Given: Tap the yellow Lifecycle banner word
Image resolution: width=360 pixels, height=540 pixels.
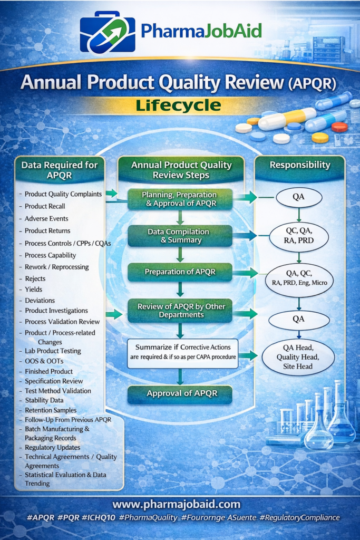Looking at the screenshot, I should click(178, 105).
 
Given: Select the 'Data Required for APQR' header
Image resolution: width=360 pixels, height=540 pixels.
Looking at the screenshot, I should click(59, 170).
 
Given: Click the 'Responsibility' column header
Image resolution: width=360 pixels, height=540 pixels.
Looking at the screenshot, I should click(299, 165).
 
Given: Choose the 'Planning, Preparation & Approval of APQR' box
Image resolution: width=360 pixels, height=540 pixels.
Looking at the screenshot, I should click(180, 199).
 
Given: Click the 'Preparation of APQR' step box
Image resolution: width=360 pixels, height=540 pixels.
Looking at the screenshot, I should click(180, 272).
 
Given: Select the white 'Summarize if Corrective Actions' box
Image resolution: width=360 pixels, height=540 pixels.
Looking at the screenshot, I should click(182, 353).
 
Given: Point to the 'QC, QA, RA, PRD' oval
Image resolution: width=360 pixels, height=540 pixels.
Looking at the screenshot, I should click(299, 236).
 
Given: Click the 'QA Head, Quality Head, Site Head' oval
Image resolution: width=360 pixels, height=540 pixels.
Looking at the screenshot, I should click(298, 357).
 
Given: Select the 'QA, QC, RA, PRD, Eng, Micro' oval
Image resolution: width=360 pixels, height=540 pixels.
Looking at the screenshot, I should click(299, 278).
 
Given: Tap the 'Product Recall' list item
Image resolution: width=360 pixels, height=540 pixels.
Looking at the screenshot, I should click(45, 206).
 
